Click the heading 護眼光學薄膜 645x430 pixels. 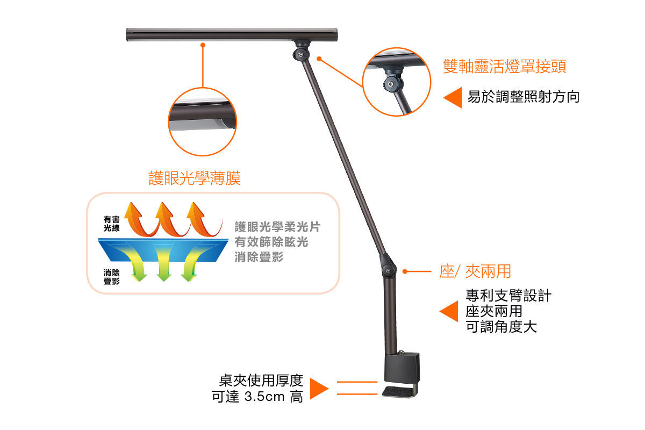click(x=195, y=178)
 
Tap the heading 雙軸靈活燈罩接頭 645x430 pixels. click(x=504, y=67)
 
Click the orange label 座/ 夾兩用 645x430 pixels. click(x=475, y=271)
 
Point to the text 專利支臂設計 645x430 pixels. click(x=508, y=296)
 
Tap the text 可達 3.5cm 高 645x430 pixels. click(x=257, y=397)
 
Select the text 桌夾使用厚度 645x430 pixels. click(x=261, y=381)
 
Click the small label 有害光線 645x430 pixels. click(x=112, y=224)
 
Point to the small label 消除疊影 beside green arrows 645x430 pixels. click(x=112, y=277)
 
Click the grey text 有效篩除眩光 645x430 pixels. click(x=271, y=242)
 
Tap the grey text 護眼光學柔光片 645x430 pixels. click(x=277, y=227)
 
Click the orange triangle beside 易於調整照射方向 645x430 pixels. click(x=453, y=98)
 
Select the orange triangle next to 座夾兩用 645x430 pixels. click(x=449, y=311)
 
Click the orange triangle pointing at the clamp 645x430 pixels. click(x=319, y=389)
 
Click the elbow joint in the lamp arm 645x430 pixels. click(x=388, y=267)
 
